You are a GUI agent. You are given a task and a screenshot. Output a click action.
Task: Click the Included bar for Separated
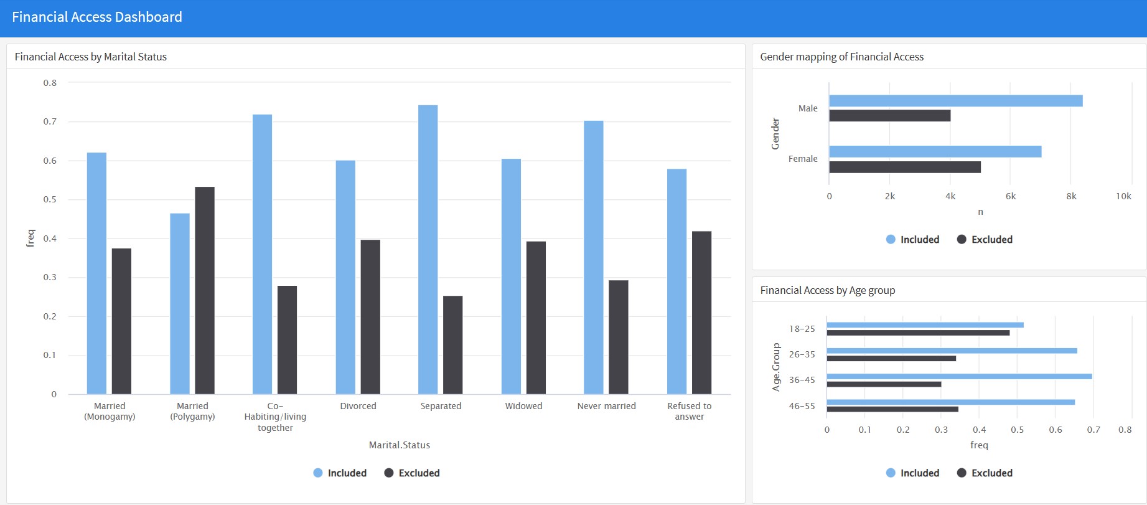(x=428, y=249)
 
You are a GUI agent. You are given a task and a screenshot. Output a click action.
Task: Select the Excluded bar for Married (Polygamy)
(x=205, y=290)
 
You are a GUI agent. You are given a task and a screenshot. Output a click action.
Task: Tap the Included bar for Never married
(x=593, y=257)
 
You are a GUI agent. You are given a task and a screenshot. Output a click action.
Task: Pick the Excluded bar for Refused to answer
(x=701, y=313)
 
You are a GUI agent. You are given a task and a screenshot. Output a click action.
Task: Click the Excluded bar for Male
(x=889, y=116)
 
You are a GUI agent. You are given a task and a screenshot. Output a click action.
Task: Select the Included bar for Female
(x=935, y=151)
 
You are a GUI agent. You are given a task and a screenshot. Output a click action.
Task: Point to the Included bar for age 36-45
(x=959, y=376)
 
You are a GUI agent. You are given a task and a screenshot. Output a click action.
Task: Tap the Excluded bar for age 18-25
(x=918, y=333)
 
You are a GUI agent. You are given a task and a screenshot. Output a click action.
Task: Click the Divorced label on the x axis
(x=358, y=406)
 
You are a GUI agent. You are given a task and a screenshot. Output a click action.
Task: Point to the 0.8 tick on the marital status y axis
(x=50, y=83)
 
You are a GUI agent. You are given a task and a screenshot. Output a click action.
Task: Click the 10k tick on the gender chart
(x=1123, y=196)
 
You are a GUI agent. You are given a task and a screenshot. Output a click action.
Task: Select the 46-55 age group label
(x=802, y=406)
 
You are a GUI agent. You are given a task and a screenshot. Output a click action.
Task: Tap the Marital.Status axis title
(x=399, y=445)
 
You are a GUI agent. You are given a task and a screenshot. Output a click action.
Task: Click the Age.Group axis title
(x=776, y=367)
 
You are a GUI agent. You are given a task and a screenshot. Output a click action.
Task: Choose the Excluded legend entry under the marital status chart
(x=412, y=473)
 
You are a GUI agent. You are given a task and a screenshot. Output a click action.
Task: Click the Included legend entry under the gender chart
(x=912, y=240)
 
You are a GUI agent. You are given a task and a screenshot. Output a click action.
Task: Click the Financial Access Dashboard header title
(x=97, y=17)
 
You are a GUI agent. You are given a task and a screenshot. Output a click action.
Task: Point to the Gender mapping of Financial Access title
(x=841, y=57)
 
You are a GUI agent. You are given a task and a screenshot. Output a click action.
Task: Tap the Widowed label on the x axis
(x=523, y=406)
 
